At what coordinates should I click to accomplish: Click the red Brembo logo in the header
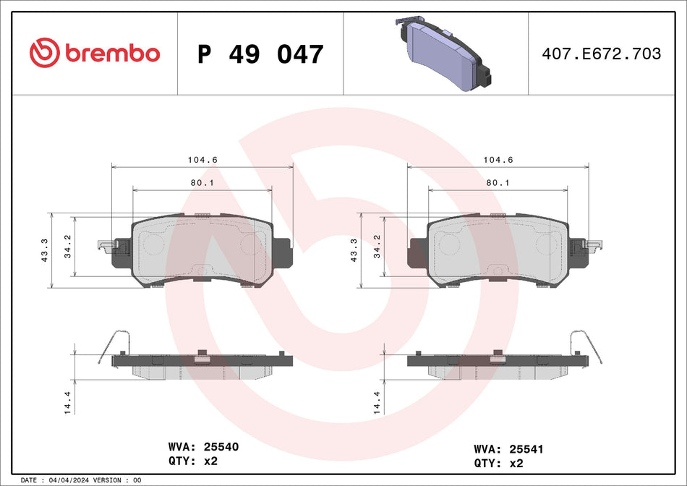[95, 53]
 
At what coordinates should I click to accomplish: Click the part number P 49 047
[260, 54]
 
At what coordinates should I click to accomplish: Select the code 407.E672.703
[602, 54]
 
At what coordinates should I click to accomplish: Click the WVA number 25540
[221, 447]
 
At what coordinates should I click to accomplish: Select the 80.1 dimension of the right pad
[498, 183]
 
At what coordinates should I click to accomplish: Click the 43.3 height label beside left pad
[46, 250]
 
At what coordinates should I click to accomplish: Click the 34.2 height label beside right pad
[376, 247]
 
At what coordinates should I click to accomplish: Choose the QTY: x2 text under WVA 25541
[499, 463]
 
